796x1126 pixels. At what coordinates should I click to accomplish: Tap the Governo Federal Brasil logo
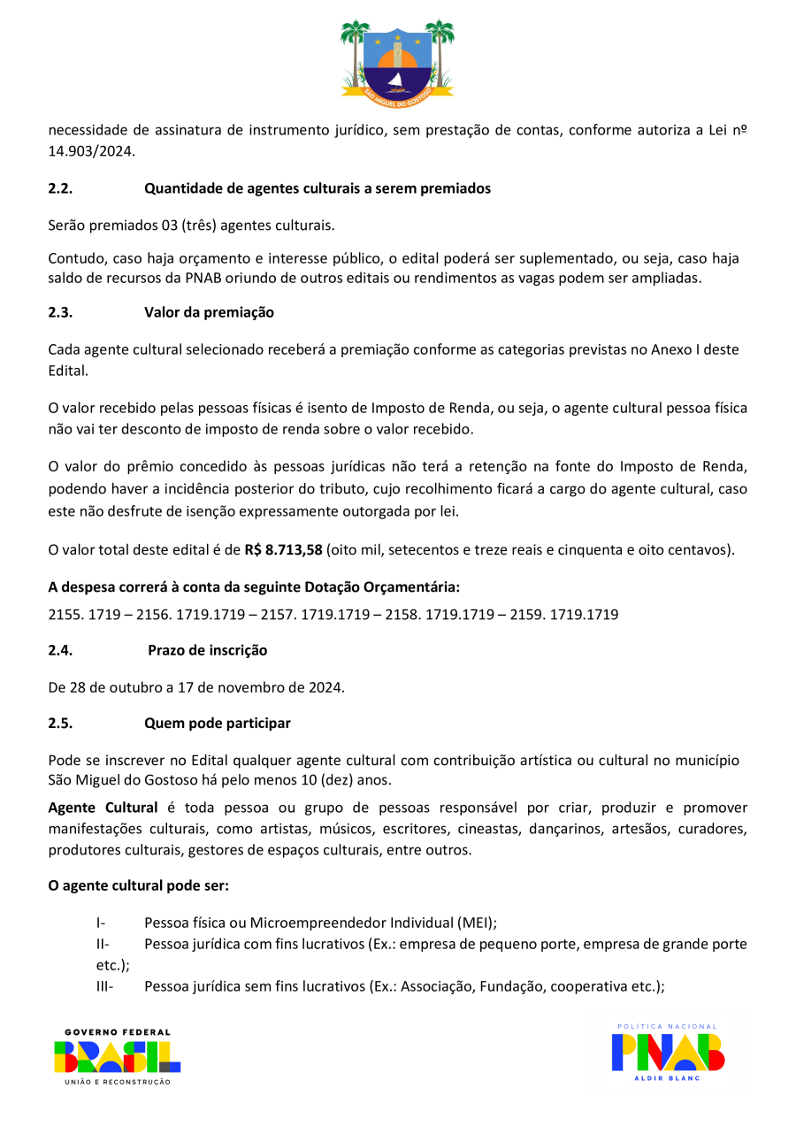coord(118,1056)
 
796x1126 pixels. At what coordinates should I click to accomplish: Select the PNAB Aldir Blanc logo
coord(668,1052)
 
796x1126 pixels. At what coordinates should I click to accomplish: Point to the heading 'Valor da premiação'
coord(209,312)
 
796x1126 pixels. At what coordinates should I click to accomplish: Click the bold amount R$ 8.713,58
coord(283,549)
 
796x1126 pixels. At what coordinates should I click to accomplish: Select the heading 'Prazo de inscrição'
coord(207,650)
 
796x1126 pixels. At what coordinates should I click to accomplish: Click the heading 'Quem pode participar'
coord(218,723)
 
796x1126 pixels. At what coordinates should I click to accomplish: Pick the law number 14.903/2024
coord(90,151)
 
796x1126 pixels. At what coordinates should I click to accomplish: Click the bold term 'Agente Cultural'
coord(103,808)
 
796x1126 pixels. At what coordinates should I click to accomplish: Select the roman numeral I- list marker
coord(101,922)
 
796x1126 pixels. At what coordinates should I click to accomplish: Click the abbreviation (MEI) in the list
coord(477,922)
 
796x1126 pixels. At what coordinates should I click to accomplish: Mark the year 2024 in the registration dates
coord(326,686)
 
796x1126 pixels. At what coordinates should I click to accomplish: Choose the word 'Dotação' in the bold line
coord(328,587)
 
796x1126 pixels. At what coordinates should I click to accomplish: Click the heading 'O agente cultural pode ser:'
coord(139,885)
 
